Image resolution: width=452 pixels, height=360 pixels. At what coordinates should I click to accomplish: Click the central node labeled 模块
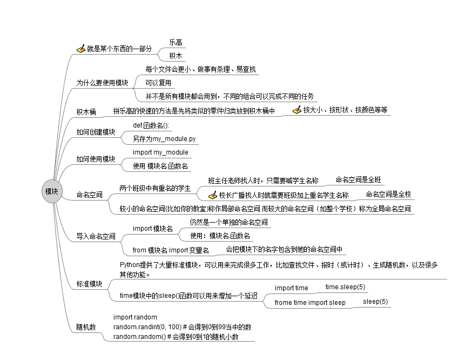pos(52,191)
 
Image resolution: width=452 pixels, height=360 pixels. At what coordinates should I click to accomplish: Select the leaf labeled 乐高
pos(176,43)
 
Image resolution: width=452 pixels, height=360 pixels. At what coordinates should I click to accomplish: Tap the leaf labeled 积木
pos(176,56)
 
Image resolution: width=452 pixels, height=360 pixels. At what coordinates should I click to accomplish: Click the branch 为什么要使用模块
pos(102,83)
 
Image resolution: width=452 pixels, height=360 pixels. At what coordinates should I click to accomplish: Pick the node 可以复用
pos(158,83)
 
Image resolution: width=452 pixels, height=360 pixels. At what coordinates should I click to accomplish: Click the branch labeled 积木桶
pos(86,112)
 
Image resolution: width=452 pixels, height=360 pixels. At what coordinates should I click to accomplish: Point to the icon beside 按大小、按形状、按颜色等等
pos(297,110)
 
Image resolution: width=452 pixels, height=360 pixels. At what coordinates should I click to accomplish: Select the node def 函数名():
pos(151,125)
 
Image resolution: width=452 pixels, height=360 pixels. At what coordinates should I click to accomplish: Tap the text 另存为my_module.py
pos(164,139)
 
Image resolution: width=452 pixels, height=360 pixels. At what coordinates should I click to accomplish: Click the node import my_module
pos(160,152)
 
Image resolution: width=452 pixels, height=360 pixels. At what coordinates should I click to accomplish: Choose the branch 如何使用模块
pos(96,159)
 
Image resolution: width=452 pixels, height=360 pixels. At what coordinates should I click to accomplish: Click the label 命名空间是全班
pos(359,179)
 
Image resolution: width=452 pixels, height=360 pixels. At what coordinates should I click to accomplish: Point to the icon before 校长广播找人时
pos(213,195)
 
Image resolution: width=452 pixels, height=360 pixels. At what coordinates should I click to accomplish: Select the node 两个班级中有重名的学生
pos(155,188)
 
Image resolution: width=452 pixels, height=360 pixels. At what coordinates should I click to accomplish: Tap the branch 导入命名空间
pos(96,237)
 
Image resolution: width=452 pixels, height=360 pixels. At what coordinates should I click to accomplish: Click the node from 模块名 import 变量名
pos(171,250)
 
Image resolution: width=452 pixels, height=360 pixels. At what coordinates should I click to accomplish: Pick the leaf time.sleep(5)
pos(345,287)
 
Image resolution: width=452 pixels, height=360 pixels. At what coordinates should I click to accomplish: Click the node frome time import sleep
pos(310,303)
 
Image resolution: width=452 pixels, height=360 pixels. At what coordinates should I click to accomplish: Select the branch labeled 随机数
pos(86,327)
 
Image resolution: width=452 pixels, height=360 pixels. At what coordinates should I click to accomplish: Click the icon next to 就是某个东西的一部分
pos(81,49)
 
